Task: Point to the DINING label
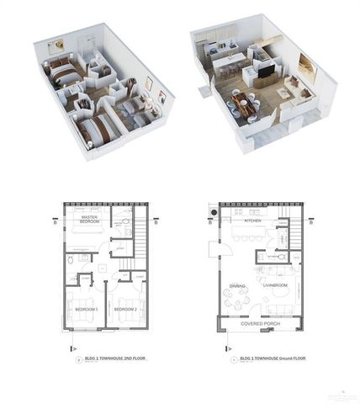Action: pos(237,286)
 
